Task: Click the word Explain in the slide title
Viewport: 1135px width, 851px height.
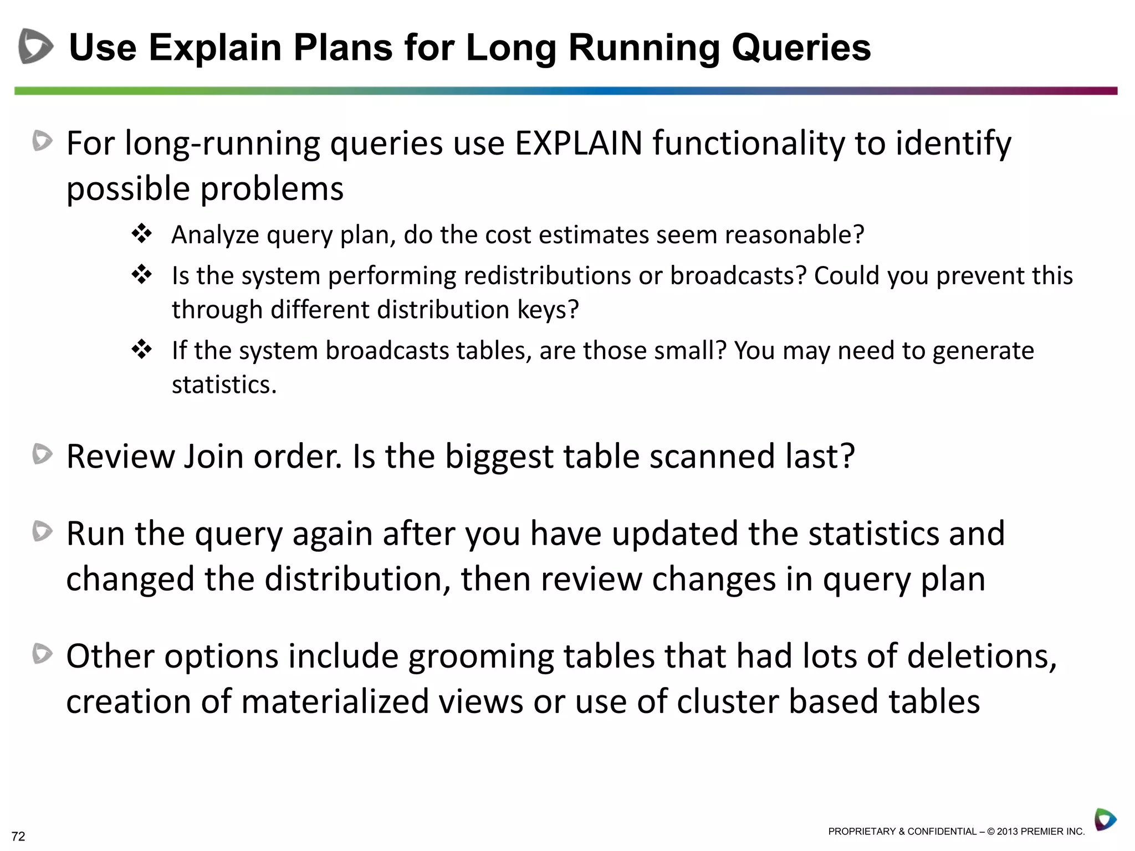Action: [215, 48]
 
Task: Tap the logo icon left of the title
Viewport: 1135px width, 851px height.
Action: [35, 46]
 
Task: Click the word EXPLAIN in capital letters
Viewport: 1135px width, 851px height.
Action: [578, 143]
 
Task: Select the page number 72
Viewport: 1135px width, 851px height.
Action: [18, 837]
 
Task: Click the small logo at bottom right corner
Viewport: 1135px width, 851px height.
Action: [1105, 819]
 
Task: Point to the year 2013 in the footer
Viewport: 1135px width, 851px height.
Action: [1007, 832]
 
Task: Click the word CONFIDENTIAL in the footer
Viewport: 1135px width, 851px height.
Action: [942, 832]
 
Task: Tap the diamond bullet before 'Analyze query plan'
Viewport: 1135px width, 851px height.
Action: [142, 234]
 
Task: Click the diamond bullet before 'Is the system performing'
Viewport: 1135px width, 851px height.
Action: [142, 275]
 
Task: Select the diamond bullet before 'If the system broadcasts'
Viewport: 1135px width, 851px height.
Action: [142, 350]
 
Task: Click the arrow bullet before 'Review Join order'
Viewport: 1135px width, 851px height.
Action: [43, 454]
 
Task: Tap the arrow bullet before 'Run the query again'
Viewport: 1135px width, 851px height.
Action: [43, 531]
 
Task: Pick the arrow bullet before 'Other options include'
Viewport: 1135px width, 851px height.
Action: [43, 654]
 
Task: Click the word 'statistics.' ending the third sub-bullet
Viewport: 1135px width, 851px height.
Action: [224, 385]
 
